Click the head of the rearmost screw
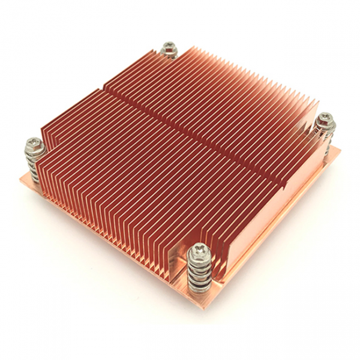pos(169,47)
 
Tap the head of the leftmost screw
pos(32,143)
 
